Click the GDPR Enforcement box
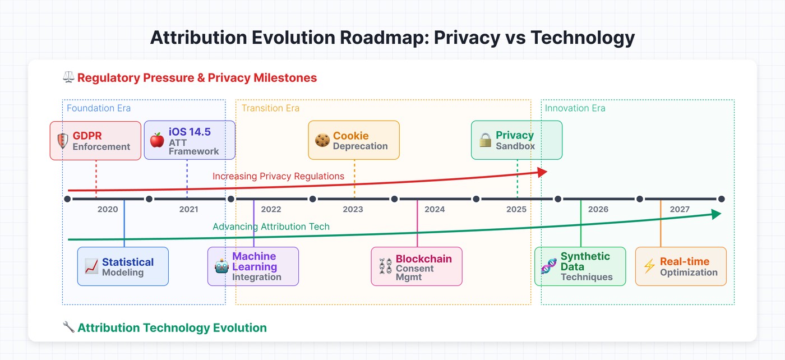coord(95,141)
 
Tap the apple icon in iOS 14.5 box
coord(157,140)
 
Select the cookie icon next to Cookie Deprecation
coord(321,140)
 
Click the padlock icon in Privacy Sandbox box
coord(485,140)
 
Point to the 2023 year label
coord(353,209)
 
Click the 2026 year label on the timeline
coord(598,209)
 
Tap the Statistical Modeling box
coord(123,266)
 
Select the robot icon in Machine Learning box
coord(221,266)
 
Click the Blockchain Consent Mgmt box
coord(417,266)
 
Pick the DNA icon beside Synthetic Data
coord(548,266)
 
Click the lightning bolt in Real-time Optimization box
coord(649,266)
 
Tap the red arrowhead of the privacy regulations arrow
coord(542,172)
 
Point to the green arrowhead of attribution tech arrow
coord(715,214)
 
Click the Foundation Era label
coord(99,108)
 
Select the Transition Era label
coord(270,108)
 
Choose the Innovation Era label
coord(575,108)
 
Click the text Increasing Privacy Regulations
coord(278,176)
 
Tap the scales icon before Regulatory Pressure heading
coord(68,77)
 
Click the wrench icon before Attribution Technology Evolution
coord(68,327)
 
